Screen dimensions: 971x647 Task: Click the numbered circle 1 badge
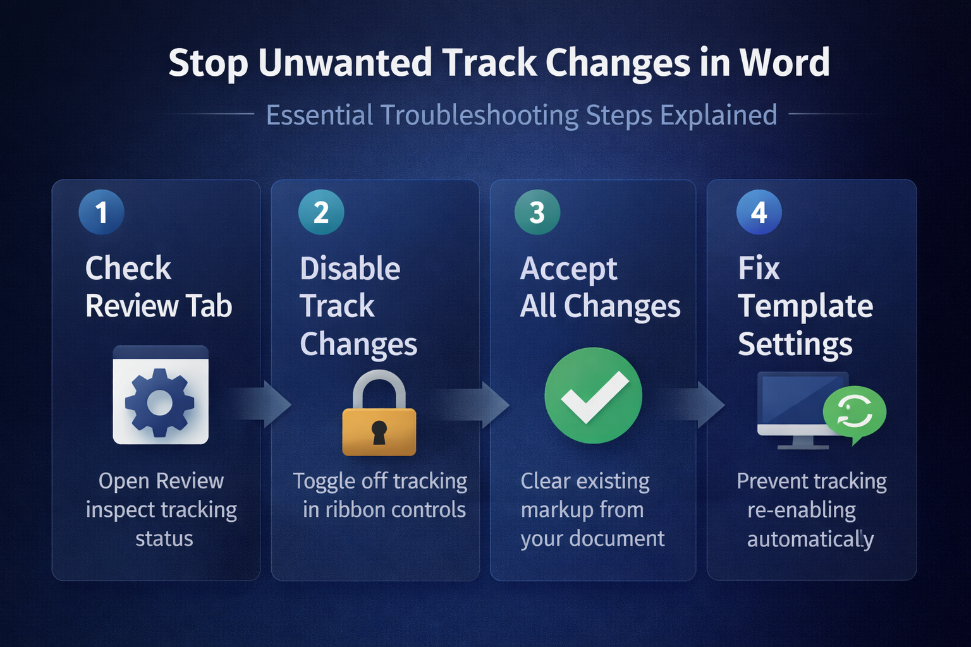pyautogui.click(x=101, y=212)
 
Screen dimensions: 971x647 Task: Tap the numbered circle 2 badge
pyautogui.click(x=321, y=212)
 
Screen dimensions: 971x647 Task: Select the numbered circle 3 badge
pyautogui.click(x=537, y=212)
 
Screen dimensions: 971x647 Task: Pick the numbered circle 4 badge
pyautogui.click(x=759, y=212)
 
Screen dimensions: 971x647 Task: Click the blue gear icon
pyautogui.click(x=160, y=402)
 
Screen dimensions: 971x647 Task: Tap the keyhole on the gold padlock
pyautogui.click(x=379, y=432)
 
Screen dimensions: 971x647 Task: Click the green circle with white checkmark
pyautogui.click(x=594, y=396)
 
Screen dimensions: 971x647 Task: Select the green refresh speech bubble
pyautogui.click(x=855, y=413)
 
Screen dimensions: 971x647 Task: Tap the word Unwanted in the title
pyautogui.click(x=345, y=63)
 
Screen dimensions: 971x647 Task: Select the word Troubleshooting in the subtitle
pyautogui.click(x=479, y=115)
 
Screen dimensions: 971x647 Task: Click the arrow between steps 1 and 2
pyautogui.click(x=260, y=404)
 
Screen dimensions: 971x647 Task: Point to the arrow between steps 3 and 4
pyautogui.click(x=694, y=404)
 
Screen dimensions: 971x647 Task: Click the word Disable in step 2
pyautogui.click(x=350, y=269)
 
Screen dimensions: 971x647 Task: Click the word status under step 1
pyautogui.click(x=164, y=539)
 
